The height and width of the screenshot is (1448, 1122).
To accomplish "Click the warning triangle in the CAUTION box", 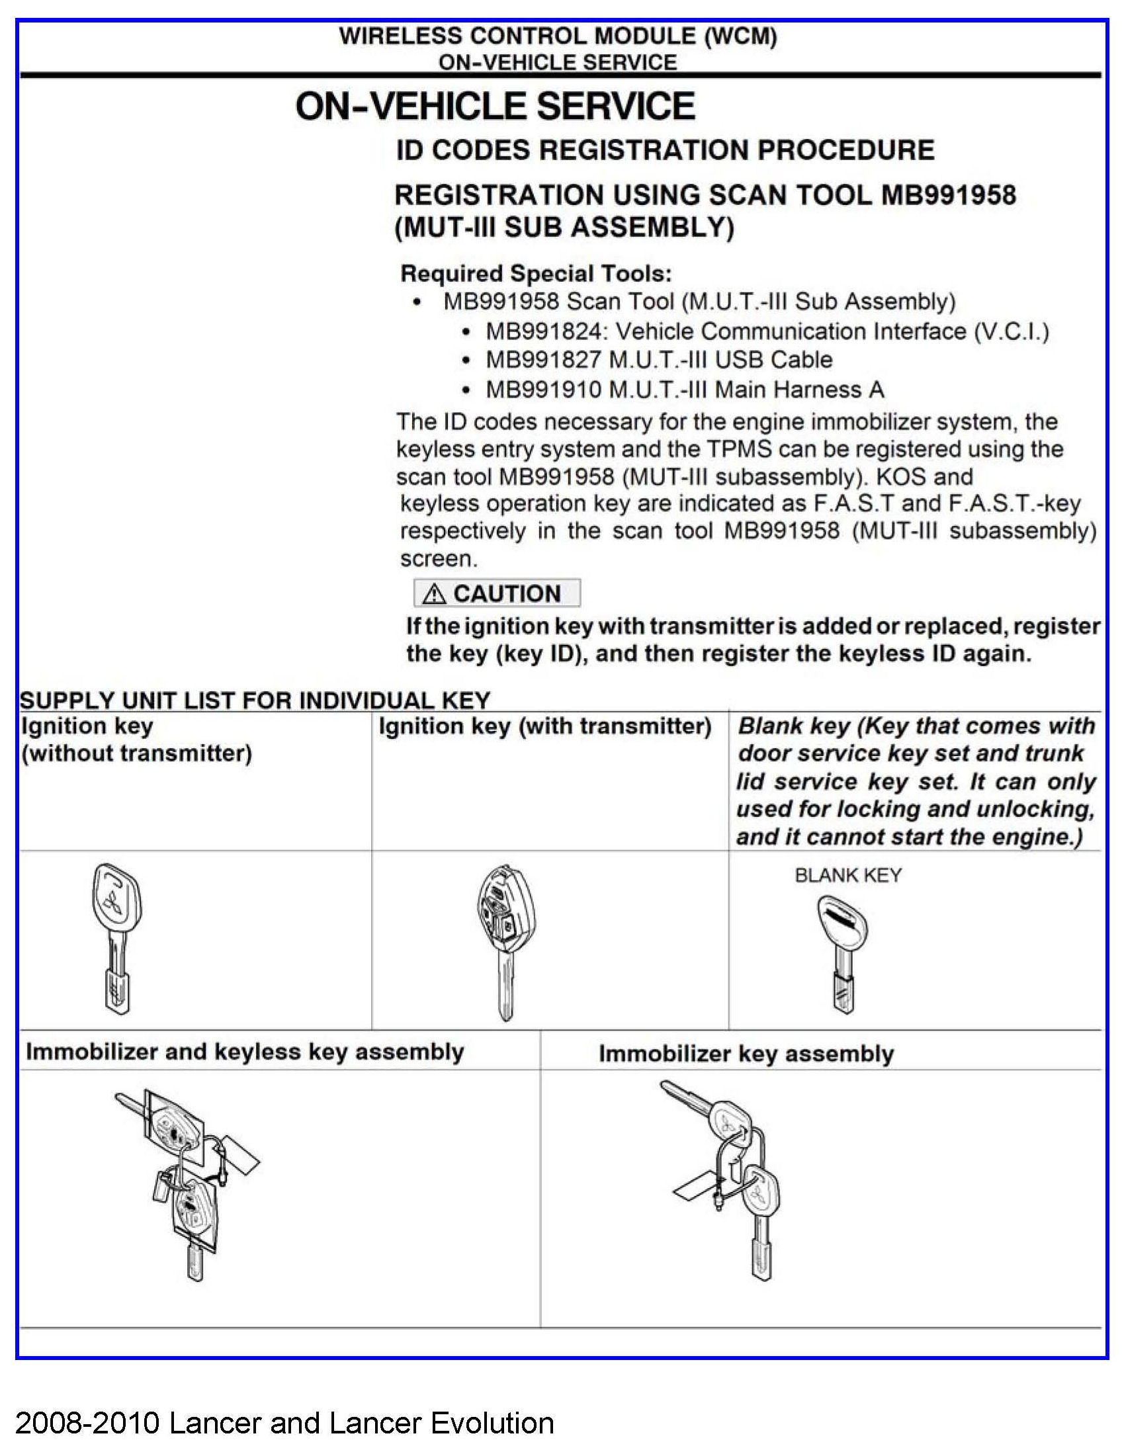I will [434, 594].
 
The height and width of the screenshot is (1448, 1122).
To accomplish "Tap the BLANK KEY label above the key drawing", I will [848, 875].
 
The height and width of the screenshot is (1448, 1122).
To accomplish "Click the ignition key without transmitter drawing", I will [115, 937].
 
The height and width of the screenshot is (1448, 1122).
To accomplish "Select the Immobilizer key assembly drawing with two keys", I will [733, 1177].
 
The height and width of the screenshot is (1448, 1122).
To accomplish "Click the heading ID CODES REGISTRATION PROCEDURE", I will [665, 151].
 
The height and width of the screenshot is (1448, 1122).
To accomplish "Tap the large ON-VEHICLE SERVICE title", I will [496, 106].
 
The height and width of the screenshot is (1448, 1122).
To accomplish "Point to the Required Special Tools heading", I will [536, 274].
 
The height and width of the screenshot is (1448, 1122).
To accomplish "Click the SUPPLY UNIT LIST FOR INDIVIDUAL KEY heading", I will [255, 700].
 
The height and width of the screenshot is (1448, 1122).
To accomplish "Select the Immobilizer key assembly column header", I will [746, 1054].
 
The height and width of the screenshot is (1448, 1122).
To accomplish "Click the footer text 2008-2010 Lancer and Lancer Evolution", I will [284, 1423].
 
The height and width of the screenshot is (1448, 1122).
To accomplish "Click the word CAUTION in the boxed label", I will [507, 594].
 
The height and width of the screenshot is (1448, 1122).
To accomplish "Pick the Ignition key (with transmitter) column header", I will [544, 727].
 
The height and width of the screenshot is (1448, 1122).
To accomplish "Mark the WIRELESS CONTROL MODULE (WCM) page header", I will [558, 36].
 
